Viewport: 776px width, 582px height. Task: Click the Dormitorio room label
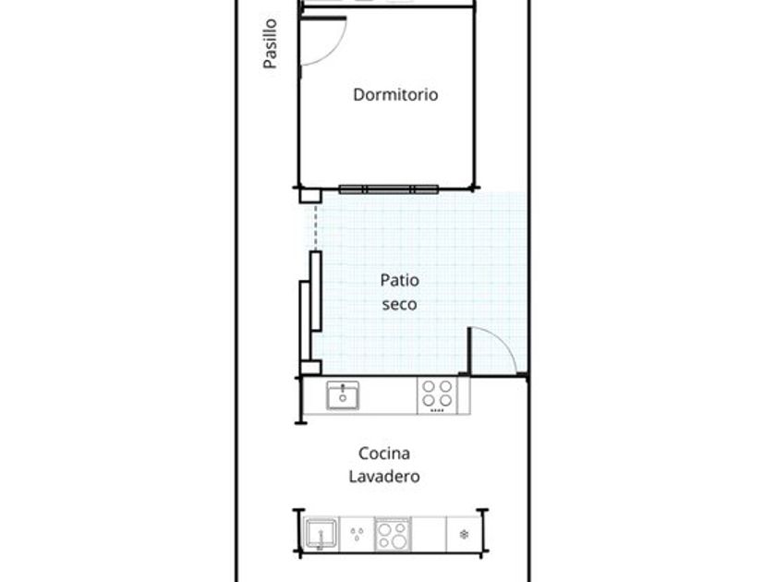click(x=395, y=94)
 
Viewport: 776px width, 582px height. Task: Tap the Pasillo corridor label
click(x=270, y=43)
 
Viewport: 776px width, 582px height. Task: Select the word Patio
click(x=399, y=280)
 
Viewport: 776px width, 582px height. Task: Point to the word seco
click(x=399, y=304)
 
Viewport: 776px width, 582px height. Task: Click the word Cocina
click(x=384, y=454)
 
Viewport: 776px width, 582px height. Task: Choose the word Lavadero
click(x=384, y=476)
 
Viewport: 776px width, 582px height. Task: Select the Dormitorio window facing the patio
click(x=389, y=189)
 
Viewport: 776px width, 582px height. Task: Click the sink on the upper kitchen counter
click(x=343, y=395)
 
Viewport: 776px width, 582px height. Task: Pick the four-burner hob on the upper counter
click(x=438, y=395)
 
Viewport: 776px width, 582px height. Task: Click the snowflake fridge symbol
click(x=464, y=535)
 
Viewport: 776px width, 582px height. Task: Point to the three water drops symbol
click(x=357, y=534)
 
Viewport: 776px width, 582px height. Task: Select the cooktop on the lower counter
click(x=393, y=535)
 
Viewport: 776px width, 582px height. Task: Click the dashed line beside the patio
click(x=316, y=227)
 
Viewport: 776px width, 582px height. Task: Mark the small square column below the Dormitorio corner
click(x=310, y=196)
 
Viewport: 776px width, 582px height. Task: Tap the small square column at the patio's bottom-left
click(x=310, y=368)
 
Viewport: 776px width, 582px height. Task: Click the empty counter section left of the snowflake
click(x=429, y=535)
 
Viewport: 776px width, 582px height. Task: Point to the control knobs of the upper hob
click(x=437, y=410)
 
